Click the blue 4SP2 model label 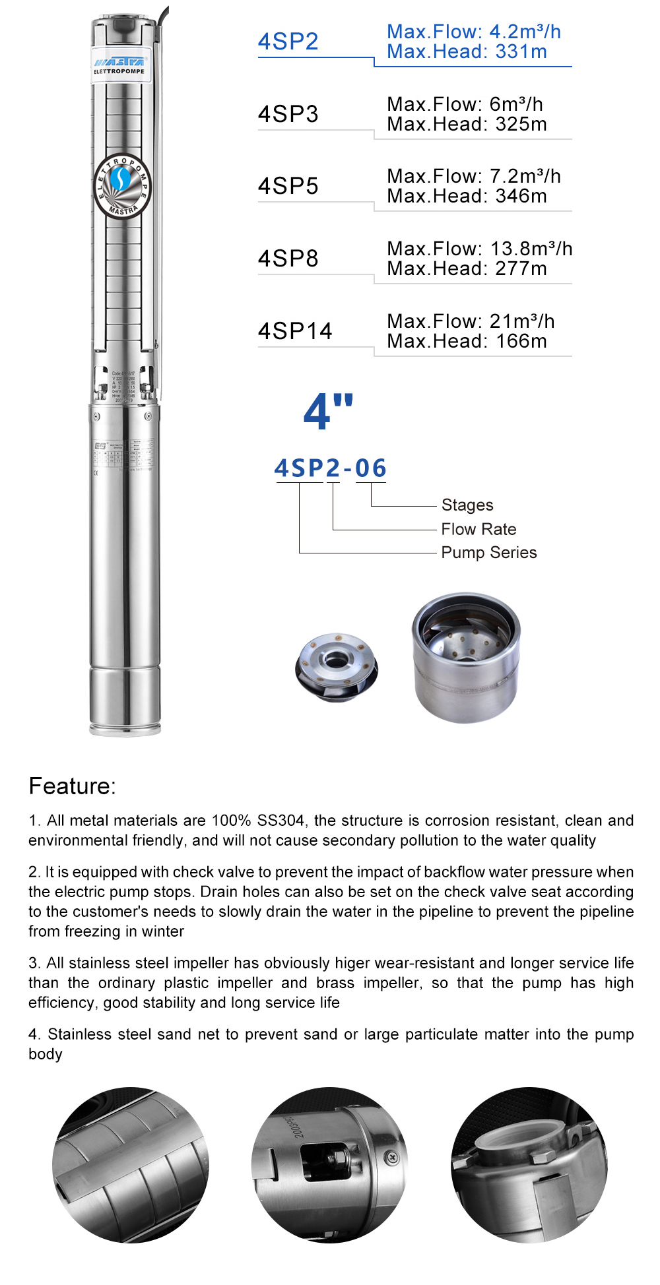(x=288, y=42)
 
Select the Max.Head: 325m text (x=467, y=124)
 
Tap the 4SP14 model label (x=295, y=331)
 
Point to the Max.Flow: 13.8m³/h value (x=479, y=249)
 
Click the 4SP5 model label (x=288, y=186)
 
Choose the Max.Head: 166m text (x=467, y=341)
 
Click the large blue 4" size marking (x=328, y=412)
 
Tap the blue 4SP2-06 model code (x=330, y=468)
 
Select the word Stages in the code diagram (x=467, y=505)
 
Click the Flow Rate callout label (x=478, y=529)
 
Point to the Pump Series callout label (x=488, y=553)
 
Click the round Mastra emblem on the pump (x=123, y=187)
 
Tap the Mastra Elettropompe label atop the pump (x=119, y=65)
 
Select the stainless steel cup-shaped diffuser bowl (x=466, y=656)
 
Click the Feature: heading (x=72, y=786)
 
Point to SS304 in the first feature (x=280, y=821)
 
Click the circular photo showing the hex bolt (x=329, y=1165)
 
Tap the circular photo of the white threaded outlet (x=529, y=1165)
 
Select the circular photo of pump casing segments (x=131, y=1165)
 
